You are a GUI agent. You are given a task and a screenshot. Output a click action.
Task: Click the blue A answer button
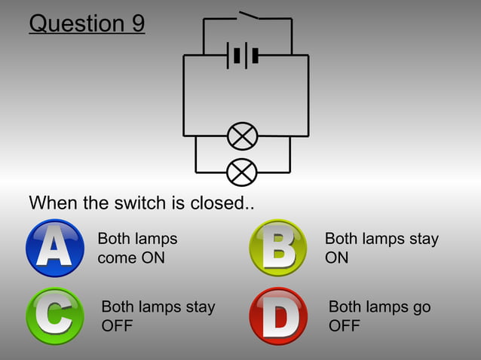54,248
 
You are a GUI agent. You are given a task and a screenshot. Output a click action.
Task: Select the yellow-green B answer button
277,248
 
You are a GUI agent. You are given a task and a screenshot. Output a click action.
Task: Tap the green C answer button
54,316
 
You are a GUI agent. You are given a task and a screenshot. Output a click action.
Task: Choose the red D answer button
277,316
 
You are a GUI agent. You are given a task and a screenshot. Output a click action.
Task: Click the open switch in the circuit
248,15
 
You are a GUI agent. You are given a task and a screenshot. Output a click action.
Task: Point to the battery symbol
244,55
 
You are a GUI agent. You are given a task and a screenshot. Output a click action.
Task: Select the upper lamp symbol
242,136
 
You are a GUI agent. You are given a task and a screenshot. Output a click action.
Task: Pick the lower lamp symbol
242,172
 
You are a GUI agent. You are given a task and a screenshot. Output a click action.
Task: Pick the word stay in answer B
423,239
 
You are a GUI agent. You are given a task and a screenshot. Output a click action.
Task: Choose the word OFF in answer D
345,326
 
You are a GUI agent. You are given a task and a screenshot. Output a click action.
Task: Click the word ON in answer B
337,258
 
